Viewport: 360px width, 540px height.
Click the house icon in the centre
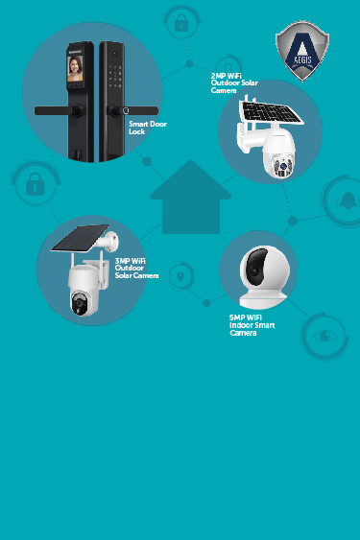190,200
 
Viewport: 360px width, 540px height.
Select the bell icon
346,200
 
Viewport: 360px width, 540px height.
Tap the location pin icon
179,279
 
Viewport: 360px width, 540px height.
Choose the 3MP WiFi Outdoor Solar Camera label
135,268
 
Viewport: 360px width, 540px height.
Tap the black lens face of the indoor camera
257,263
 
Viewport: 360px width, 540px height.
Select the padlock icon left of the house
35,185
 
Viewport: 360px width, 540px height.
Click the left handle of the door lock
54,110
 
